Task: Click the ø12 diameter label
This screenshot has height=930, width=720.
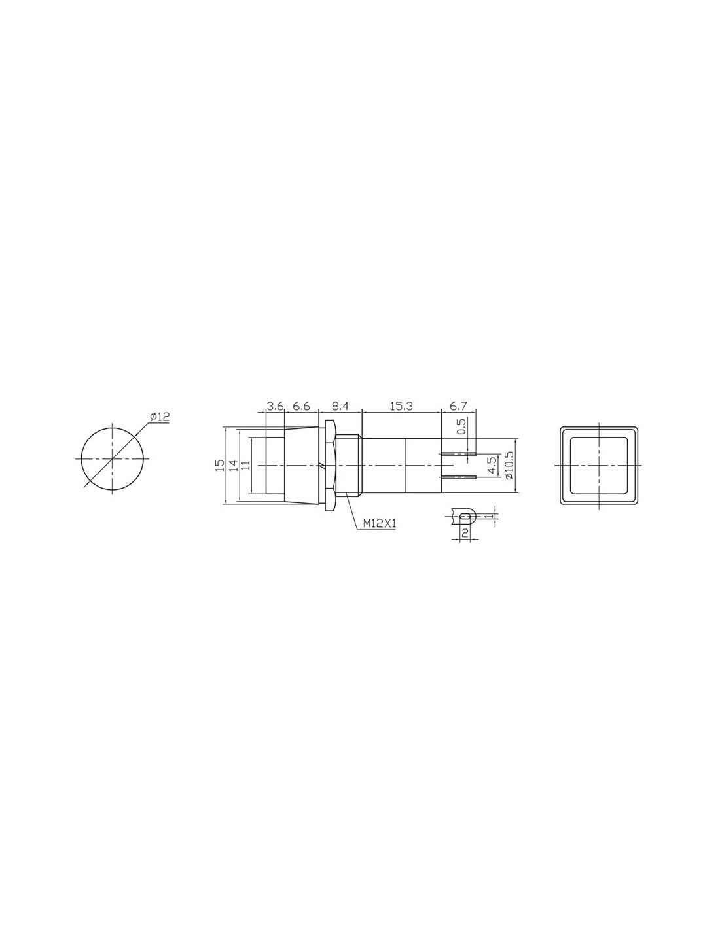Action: [159, 417]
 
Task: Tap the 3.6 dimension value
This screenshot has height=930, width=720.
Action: [275, 406]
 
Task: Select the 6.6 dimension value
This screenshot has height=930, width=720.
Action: [301, 406]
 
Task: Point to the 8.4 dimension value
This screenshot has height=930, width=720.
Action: [340, 406]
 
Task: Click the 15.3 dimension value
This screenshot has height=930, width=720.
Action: [401, 406]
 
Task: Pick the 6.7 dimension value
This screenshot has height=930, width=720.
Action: [458, 406]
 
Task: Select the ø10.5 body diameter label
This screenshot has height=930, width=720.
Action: [509, 465]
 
